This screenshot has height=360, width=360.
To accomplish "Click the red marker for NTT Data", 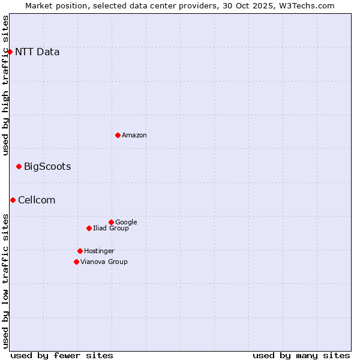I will (x=10, y=52).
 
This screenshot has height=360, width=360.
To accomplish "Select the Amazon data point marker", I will (x=118, y=135).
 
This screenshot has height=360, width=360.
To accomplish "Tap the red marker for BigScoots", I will (x=19, y=166).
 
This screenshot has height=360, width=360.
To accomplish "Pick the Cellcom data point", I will (x=13, y=200).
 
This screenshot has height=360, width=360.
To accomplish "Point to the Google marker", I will (x=111, y=222).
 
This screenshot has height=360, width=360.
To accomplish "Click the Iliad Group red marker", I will (x=89, y=228).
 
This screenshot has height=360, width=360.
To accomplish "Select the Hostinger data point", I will (x=80, y=251).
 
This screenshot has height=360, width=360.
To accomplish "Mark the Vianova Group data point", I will (x=76, y=262).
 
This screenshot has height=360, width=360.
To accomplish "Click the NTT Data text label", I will (x=37, y=52).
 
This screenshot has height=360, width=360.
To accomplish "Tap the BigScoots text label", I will (x=47, y=166).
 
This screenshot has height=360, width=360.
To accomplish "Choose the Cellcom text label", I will (x=37, y=200).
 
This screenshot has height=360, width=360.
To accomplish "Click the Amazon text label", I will (x=134, y=135).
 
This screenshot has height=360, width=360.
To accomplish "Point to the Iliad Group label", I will (x=111, y=228).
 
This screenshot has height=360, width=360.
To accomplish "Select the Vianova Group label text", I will (x=104, y=262).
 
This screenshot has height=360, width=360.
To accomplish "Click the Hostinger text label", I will (x=99, y=251).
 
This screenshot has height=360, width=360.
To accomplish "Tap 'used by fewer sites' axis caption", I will (x=62, y=355).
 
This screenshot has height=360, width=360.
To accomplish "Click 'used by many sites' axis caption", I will (x=301, y=355).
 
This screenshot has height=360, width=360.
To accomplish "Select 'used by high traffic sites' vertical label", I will (x=5, y=85).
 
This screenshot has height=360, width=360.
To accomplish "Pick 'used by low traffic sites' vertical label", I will (x=5, y=280).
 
